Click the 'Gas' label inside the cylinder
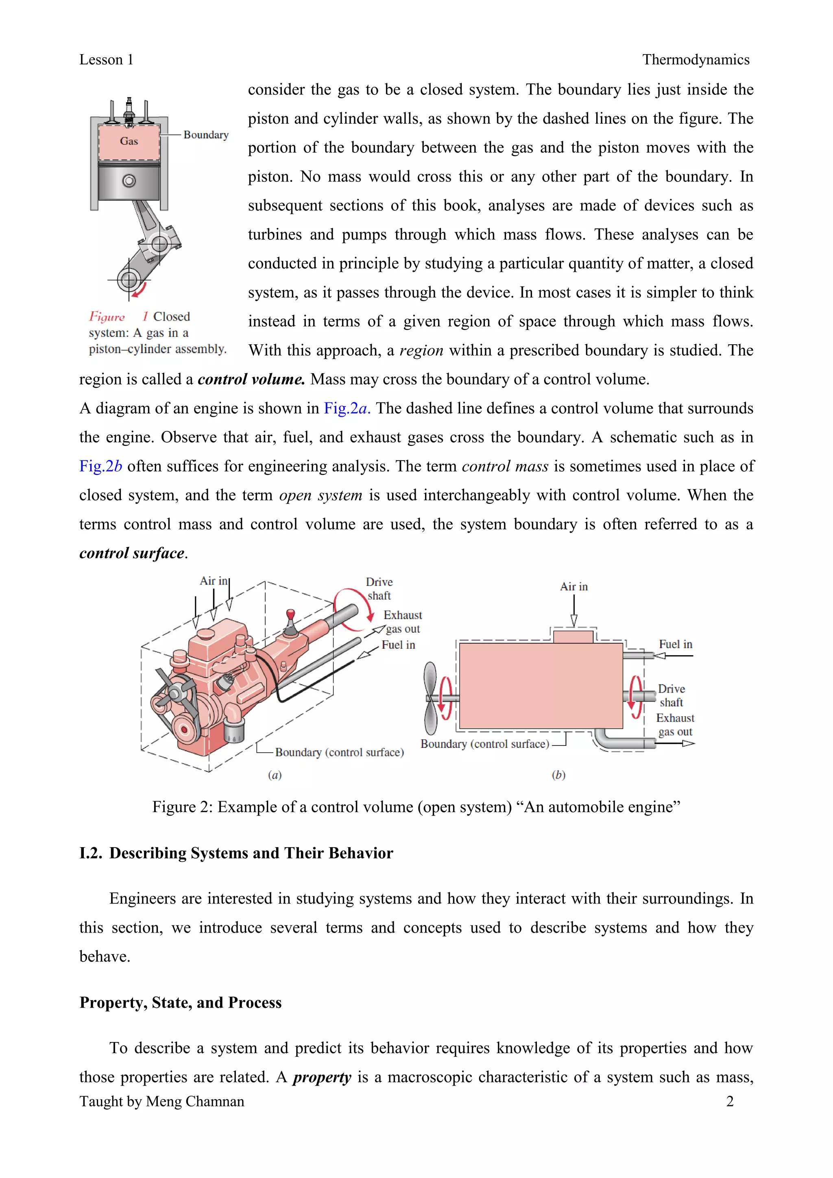[x=129, y=141]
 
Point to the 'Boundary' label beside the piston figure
[x=206, y=135]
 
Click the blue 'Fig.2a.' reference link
[x=347, y=409]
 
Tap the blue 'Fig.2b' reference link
[x=100, y=466]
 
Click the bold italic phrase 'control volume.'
[x=251, y=380]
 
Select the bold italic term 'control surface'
[x=132, y=553]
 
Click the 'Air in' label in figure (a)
[x=214, y=581]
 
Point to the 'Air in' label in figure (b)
[x=574, y=586]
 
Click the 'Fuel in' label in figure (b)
[x=675, y=645]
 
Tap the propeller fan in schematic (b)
[x=430, y=698]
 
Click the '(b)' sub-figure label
[x=558, y=775]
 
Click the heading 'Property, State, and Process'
[x=181, y=1003]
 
